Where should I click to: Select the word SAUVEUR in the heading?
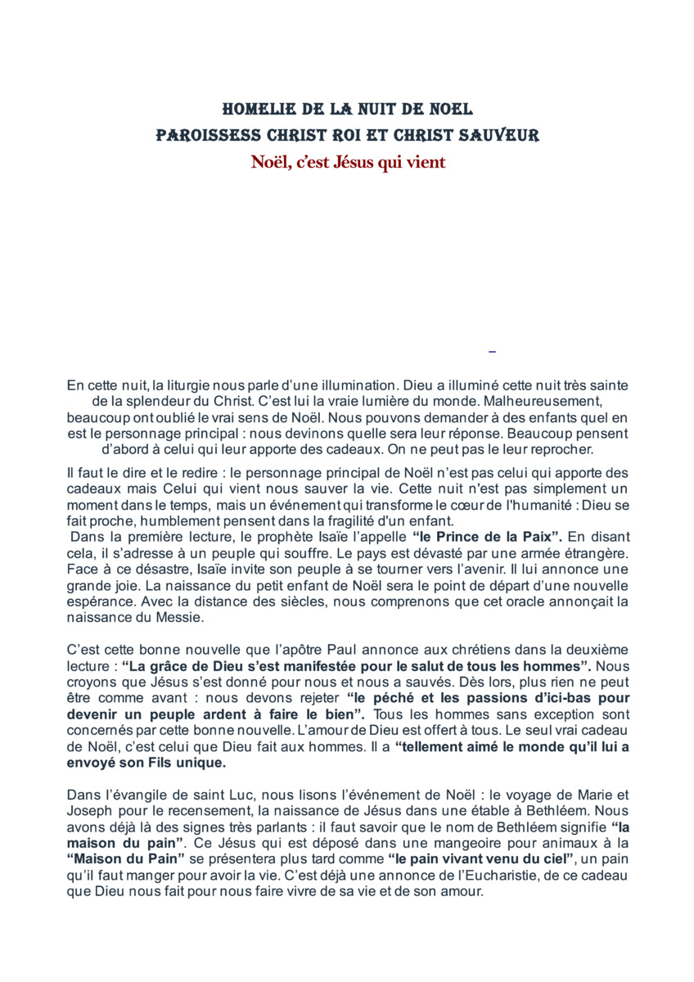(x=501, y=135)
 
